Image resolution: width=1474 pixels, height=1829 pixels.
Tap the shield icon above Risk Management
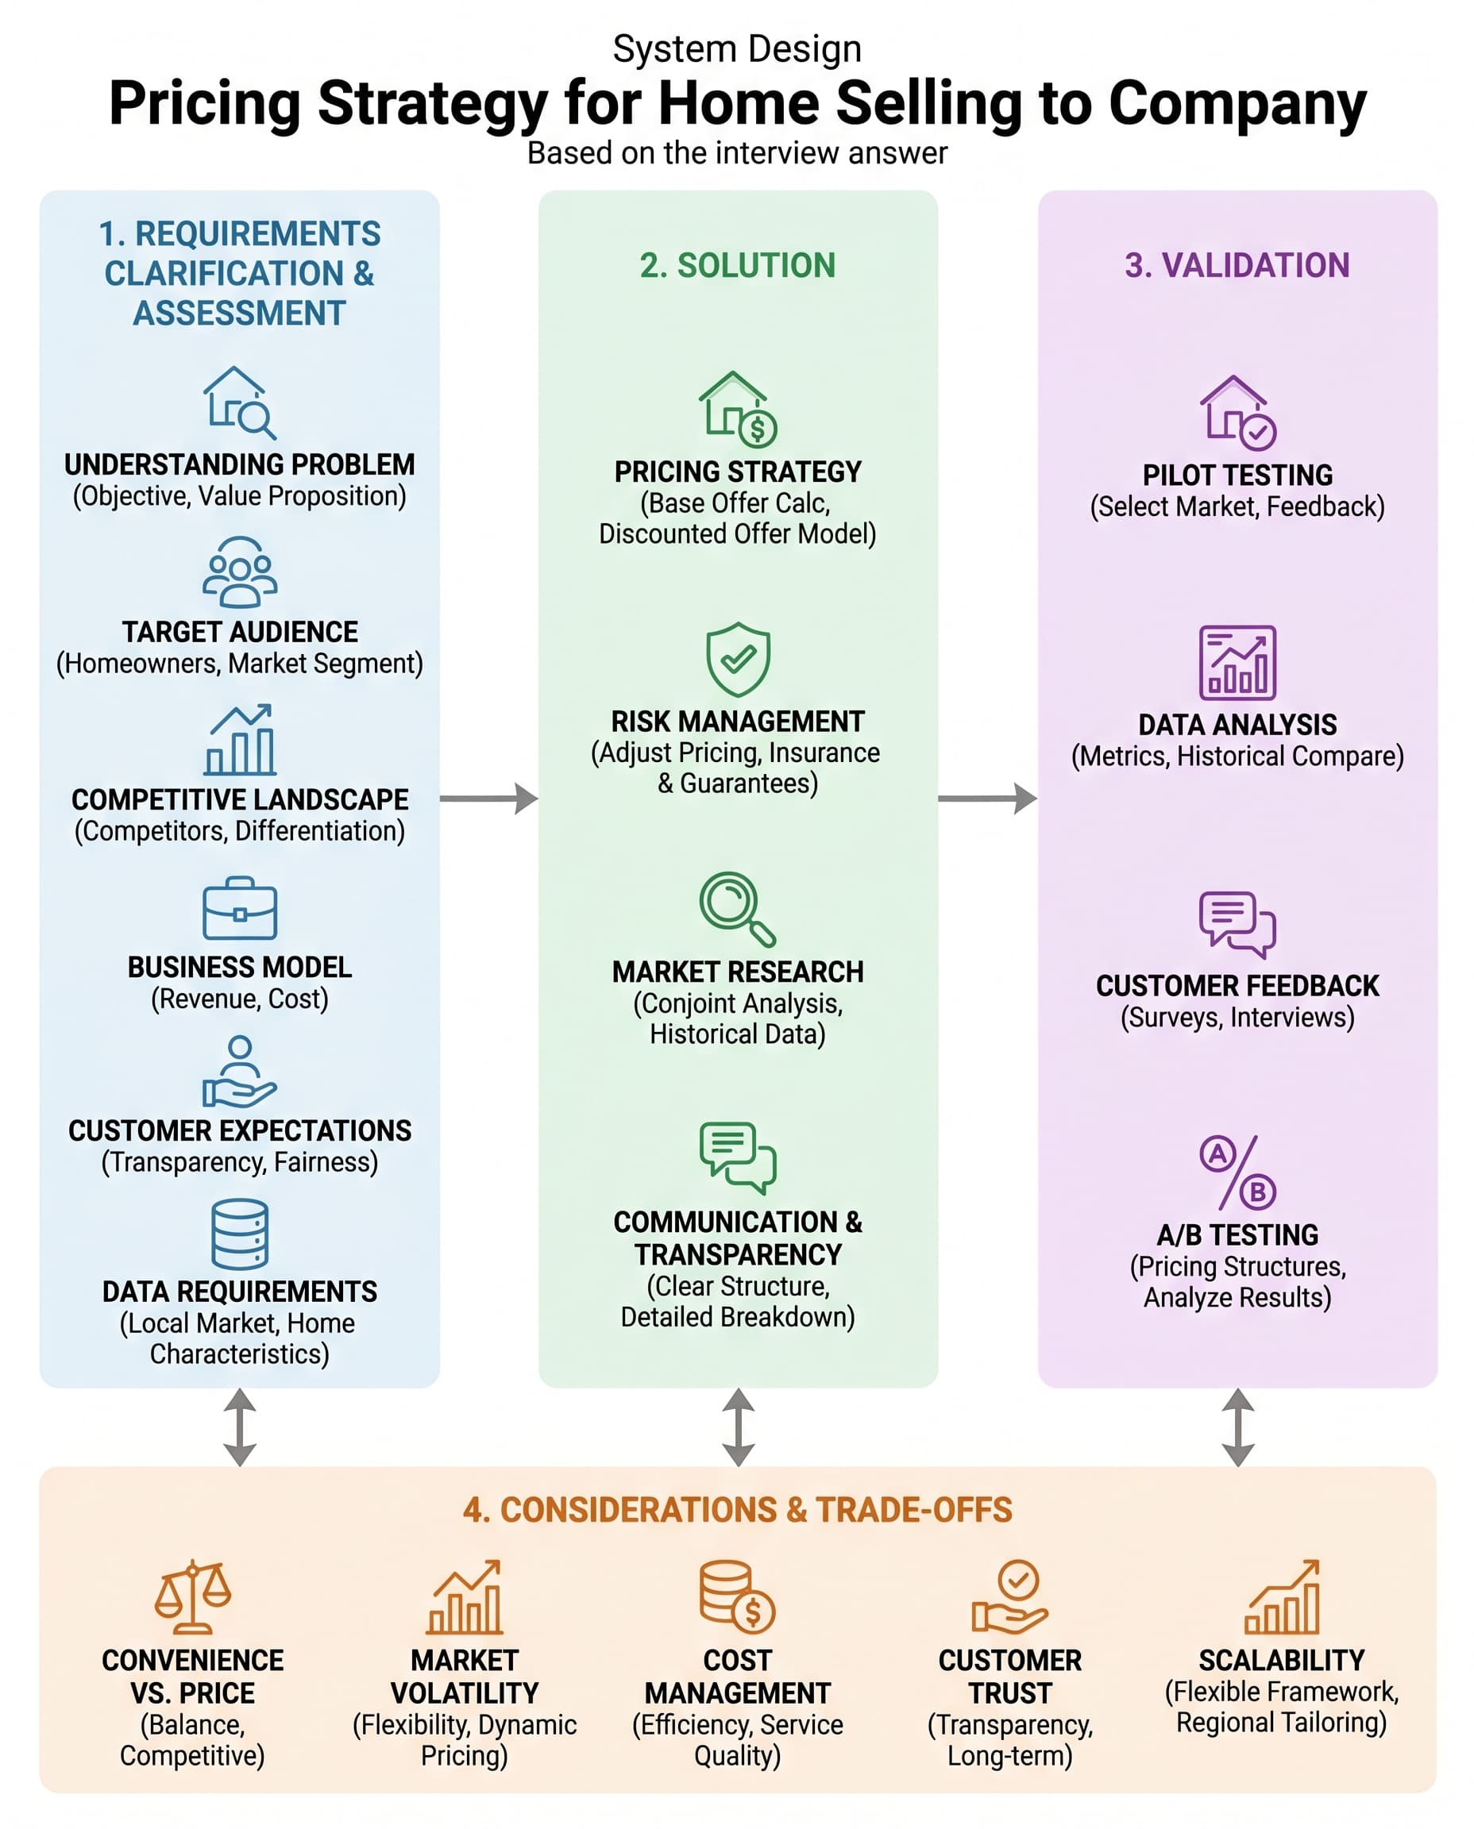click(x=738, y=659)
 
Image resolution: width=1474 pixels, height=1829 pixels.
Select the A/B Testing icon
click(x=1237, y=1172)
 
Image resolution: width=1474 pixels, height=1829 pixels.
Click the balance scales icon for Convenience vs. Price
click(x=193, y=1596)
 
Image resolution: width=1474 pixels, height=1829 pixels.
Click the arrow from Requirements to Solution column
click(x=489, y=799)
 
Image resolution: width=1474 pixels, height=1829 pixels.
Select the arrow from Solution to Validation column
click(x=987, y=799)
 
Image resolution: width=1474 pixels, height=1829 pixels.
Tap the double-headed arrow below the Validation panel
click(x=1238, y=1427)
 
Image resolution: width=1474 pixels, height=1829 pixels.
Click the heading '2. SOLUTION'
click(x=738, y=266)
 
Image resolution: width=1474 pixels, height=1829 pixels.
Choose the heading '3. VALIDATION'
click(x=1237, y=266)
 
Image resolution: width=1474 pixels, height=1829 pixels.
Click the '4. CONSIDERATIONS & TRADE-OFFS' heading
click(x=737, y=1510)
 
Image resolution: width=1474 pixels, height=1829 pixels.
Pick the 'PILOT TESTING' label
click(x=1237, y=475)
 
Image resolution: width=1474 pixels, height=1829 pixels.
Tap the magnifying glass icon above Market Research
click(x=737, y=909)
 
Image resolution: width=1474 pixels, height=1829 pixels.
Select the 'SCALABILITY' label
click(x=1281, y=1660)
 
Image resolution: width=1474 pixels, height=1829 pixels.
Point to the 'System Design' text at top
click(x=737, y=48)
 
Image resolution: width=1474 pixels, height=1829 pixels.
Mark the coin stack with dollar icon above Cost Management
click(x=737, y=1596)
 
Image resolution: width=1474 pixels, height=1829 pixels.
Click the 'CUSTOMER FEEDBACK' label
click(x=1237, y=985)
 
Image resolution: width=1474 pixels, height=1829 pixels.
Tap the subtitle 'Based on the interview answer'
click(x=737, y=152)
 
